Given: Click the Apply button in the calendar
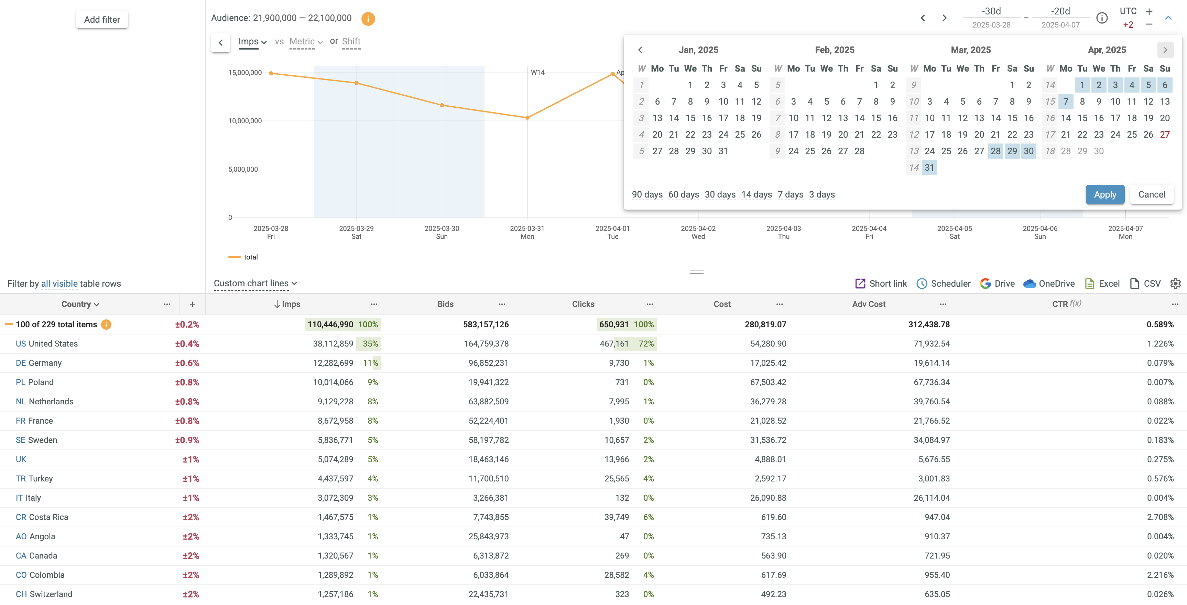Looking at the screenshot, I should (x=1104, y=194).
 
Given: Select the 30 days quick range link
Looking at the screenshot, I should (x=720, y=194).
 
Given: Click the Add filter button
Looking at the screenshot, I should (x=102, y=19).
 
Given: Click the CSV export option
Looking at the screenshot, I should (x=1145, y=284).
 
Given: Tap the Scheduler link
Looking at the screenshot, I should (x=944, y=284).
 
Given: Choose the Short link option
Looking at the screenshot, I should (x=881, y=284).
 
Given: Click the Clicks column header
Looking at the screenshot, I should (x=583, y=304).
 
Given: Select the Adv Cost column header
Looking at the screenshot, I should (x=869, y=304).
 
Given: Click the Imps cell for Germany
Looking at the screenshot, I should (x=333, y=363).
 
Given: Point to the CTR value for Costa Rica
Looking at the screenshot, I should (x=1160, y=517).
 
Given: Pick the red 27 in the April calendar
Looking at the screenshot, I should (x=1164, y=135).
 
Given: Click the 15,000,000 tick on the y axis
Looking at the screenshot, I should (x=245, y=72).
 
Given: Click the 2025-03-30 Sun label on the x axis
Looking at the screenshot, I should (x=442, y=232).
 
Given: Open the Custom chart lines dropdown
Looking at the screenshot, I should (x=255, y=283).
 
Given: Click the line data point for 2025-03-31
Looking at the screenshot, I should (x=527, y=118).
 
